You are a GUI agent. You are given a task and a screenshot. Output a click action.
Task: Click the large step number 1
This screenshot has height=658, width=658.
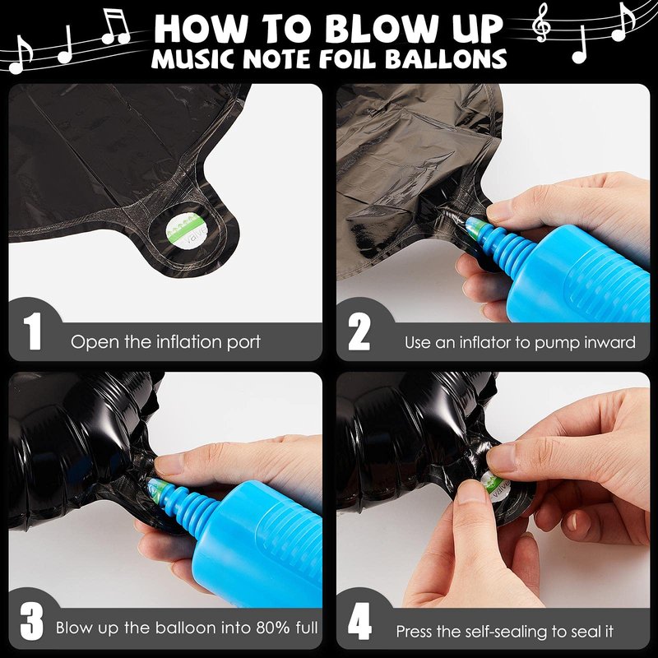click(33, 331)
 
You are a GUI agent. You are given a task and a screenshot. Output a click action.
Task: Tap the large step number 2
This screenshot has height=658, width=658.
click(359, 332)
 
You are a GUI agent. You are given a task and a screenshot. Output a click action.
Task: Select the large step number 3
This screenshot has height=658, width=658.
click(31, 621)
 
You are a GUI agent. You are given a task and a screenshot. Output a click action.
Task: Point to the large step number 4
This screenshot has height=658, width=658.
click(359, 621)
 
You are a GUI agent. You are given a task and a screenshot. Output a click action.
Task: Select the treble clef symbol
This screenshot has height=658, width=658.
click(541, 23)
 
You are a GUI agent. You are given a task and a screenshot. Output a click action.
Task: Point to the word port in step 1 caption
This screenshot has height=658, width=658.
click(243, 343)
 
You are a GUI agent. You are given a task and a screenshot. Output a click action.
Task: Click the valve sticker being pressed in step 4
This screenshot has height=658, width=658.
click(495, 486)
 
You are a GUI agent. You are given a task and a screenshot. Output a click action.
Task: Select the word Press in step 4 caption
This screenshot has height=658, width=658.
click(415, 631)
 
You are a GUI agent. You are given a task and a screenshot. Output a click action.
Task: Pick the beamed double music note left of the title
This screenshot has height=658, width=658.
click(116, 26)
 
